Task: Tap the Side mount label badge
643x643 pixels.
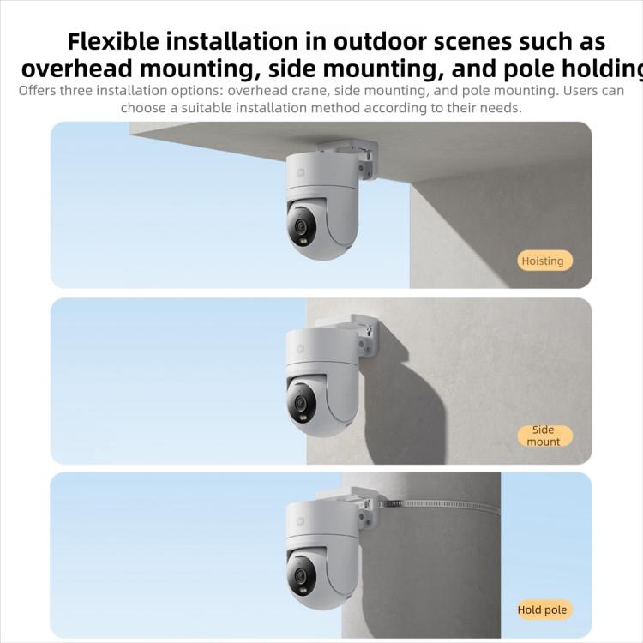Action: [x=543, y=436]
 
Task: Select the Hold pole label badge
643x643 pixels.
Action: [x=542, y=610]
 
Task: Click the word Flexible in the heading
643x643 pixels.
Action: [x=113, y=41]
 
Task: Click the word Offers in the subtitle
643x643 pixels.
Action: [x=38, y=90]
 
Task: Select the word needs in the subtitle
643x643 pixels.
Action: [x=500, y=108]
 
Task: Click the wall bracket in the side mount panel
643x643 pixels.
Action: [x=360, y=334]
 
